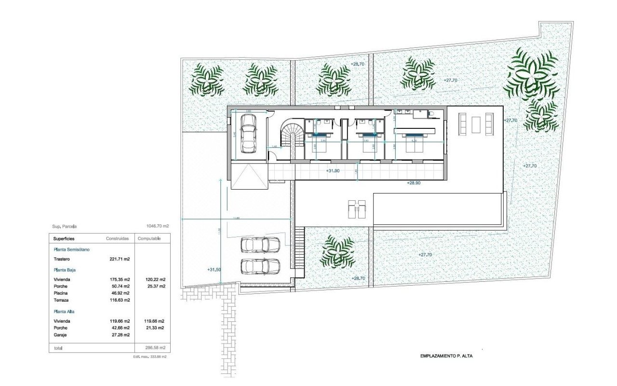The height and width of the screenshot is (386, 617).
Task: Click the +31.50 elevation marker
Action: [214, 270]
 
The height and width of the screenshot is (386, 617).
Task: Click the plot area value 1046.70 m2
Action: [158, 226]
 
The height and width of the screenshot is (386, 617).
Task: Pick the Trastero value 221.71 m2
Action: [121, 259]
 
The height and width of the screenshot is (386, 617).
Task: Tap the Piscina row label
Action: [61, 293]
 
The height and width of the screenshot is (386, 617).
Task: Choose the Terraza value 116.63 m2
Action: [121, 300]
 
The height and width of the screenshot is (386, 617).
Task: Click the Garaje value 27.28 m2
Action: [121, 334]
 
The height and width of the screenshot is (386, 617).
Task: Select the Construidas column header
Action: [117, 239]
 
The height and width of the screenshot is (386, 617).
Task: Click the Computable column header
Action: [149, 239]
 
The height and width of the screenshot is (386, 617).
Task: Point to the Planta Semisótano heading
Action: [71, 249]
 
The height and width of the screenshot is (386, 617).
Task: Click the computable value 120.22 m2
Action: [155, 279]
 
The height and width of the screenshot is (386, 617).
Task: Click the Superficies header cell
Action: [64, 239]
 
